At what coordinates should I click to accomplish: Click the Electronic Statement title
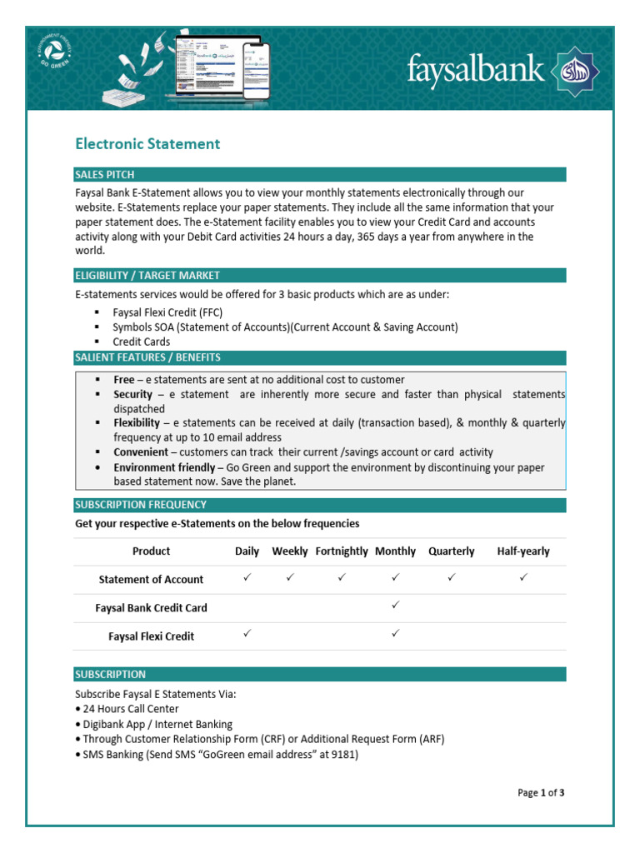(147, 144)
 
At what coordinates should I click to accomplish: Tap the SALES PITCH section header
(104, 175)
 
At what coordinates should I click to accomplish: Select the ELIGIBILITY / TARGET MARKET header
(147, 276)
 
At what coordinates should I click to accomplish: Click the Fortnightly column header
(341, 551)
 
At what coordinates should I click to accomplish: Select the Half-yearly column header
(522, 551)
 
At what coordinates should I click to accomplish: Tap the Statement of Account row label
(151, 580)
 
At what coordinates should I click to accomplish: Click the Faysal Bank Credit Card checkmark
(396, 606)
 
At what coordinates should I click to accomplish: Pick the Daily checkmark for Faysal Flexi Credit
(247, 634)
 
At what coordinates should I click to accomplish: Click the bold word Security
(133, 395)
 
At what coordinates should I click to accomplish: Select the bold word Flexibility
(137, 423)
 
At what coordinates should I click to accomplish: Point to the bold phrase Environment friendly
(164, 467)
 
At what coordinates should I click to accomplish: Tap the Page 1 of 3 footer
(541, 793)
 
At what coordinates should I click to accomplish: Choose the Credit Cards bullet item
(141, 342)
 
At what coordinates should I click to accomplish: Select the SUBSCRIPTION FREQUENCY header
(141, 505)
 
